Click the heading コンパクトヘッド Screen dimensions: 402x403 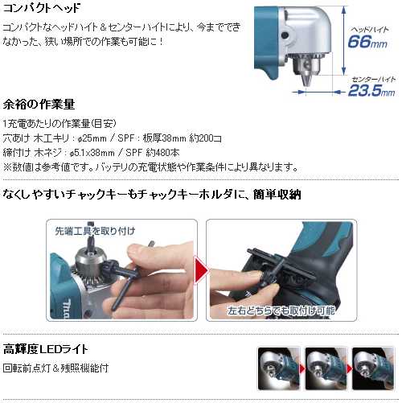[42, 8]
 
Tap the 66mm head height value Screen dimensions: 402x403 [367, 42]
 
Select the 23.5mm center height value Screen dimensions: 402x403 [371, 90]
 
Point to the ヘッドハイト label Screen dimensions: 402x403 [370, 30]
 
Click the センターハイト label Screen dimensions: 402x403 [373, 79]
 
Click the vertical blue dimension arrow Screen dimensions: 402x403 [344, 41]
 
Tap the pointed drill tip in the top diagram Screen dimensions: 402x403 [306, 80]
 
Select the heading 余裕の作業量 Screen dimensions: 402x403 [39, 104]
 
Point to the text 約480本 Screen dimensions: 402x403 [162, 153]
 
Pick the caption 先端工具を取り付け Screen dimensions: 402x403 [95, 231]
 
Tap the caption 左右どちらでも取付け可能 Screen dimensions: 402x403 [281, 310]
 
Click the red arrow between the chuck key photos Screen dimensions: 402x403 [201, 269]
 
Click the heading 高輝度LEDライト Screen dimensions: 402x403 [45, 349]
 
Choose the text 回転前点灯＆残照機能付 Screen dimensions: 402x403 [55, 368]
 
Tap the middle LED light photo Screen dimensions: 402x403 [326, 368]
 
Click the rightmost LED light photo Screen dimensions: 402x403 [373, 368]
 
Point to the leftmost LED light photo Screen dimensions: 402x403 [279, 368]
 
